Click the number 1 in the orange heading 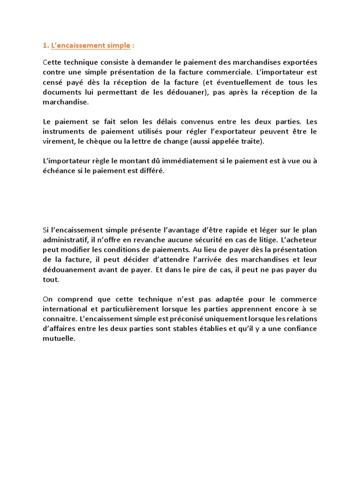[x=45, y=45]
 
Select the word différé [x=151, y=171]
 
